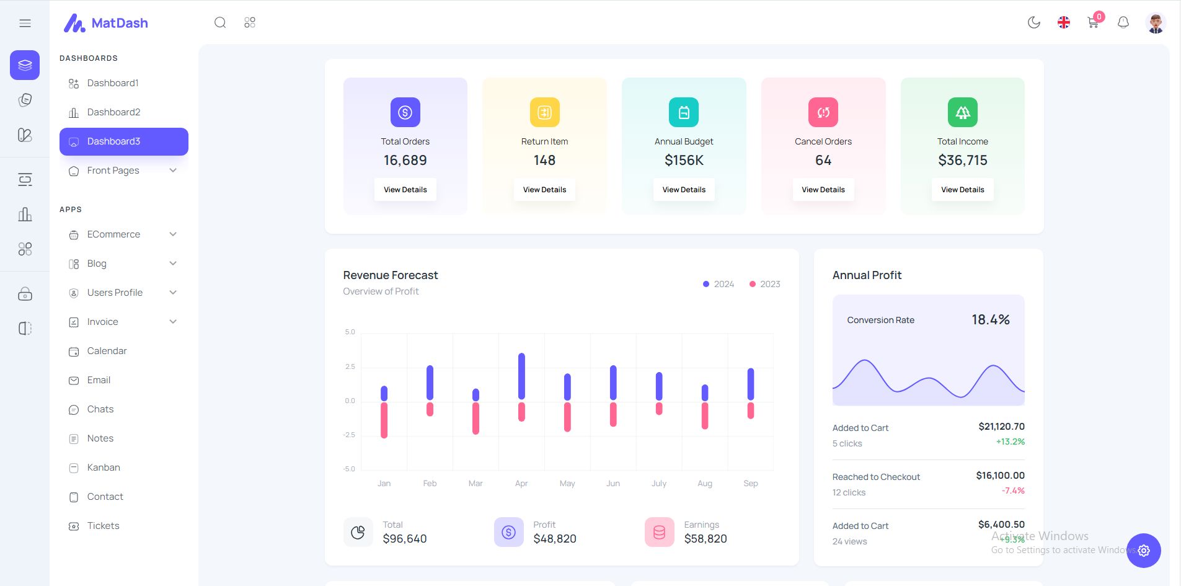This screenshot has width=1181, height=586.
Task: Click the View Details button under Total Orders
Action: tap(405, 190)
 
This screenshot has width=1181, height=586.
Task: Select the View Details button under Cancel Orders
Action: tap(823, 190)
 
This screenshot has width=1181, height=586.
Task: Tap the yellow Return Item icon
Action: tap(544, 112)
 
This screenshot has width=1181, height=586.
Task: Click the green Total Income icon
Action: tap(962, 112)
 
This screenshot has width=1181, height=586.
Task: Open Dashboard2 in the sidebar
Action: tap(113, 112)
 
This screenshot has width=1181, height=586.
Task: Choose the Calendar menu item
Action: tap(107, 351)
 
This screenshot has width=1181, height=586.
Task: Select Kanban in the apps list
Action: tap(104, 468)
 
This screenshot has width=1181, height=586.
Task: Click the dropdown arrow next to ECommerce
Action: tap(173, 234)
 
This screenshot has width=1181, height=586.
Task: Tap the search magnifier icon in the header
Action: tap(220, 23)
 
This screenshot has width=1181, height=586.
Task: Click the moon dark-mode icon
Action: tap(1033, 23)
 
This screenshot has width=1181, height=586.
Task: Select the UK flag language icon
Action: tap(1063, 23)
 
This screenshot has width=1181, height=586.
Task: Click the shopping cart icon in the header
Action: tap(1093, 24)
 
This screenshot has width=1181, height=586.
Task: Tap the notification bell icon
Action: tap(1123, 23)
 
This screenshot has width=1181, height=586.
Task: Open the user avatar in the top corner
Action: tap(1155, 24)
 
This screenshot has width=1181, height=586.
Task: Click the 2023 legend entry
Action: tap(765, 284)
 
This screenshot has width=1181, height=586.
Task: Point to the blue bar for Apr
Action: tap(521, 376)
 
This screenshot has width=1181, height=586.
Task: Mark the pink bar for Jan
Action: tap(384, 420)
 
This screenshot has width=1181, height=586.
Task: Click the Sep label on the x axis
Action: tap(750, 484)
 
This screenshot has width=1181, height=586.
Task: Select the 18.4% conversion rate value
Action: tap(990, 320)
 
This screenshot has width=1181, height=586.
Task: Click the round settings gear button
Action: tap(1143, 551)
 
